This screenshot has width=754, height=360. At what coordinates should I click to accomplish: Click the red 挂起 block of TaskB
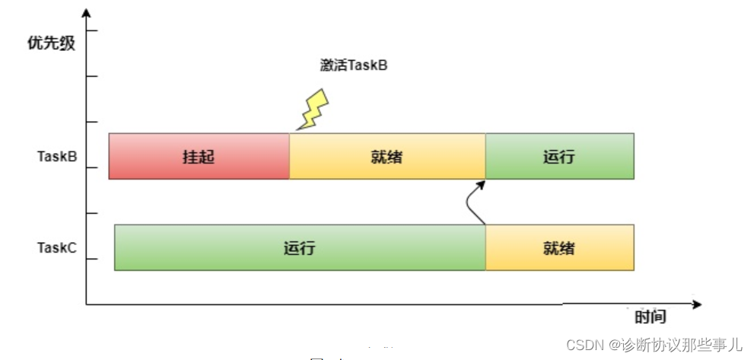coord(152,156)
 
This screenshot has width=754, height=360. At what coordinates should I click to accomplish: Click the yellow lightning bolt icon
coord(313,110)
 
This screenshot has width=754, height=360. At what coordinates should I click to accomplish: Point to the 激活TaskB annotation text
coord(354,65)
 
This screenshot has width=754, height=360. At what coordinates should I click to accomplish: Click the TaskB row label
coord(57,157)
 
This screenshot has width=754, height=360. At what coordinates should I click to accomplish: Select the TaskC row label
coord(57,248)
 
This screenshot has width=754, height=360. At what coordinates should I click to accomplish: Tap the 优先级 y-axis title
coord(51,43)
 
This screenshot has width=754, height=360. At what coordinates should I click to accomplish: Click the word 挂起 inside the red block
coord(199,157)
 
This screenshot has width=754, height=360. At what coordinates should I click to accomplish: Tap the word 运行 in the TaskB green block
coord(559,158)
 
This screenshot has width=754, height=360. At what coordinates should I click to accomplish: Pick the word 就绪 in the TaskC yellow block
coord(559,248)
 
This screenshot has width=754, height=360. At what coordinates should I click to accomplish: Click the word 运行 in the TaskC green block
coord(300,248)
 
